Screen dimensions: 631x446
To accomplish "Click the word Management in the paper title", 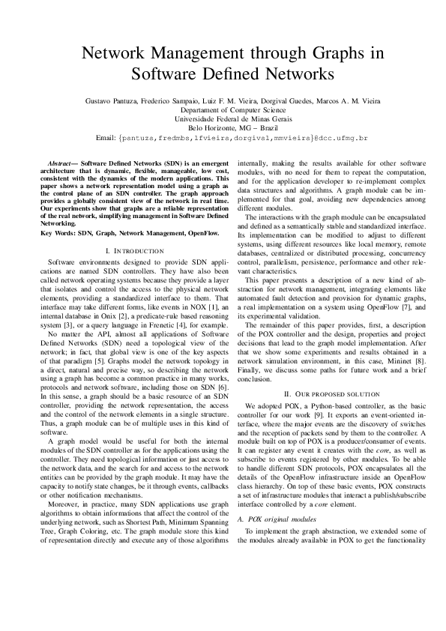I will coord(199,54).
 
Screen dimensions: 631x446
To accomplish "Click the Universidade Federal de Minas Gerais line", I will coord(223,118).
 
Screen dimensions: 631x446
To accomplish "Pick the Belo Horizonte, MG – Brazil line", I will coord(223,127).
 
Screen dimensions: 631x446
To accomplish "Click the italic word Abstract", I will coord(58,162).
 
